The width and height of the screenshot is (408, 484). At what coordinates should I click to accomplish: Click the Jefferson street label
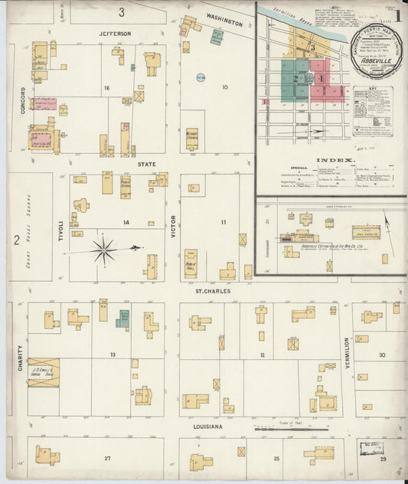[115, 34]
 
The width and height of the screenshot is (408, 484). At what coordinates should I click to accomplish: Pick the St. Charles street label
[211, 291]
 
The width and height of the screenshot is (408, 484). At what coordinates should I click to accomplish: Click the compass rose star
[103, 249]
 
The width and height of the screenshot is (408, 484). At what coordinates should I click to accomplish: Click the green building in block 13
[122, 319]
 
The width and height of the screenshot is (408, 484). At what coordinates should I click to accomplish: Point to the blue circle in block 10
[201, 77]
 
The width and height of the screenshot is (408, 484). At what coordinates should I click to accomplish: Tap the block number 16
[107, 88]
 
